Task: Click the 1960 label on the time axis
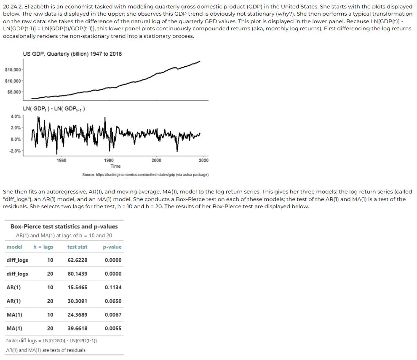tap(61, 161)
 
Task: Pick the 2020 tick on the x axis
tap(203, 161)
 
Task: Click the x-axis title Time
tap(115, 166)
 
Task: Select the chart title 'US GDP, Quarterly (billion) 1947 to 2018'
tap(72, 54)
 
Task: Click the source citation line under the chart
tap(145, 175)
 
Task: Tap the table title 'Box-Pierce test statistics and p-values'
tap(64, 226)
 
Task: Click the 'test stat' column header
tap(78, 247)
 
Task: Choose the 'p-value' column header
tap(112, 247)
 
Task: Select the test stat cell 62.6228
tap(78, 260)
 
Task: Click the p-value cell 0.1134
tap(113, 287)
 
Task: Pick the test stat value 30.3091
tap(78, 301)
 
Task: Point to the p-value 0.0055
tap(113, 328)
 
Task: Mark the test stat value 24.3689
tap(78, 315)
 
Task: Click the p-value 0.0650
tap(113, 301)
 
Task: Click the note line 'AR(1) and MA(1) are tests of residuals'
tap(46, 350)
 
